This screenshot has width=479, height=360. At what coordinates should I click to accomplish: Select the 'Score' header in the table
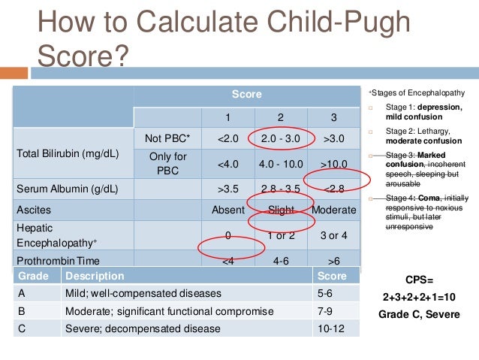click(x=246, y=95)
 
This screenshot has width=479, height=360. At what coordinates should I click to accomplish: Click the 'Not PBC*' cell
click(x=167, y=138)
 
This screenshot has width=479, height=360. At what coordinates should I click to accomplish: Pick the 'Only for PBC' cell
click(x=167, y=163)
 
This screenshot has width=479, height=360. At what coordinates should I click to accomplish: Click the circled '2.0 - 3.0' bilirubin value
click(x=280, y=138)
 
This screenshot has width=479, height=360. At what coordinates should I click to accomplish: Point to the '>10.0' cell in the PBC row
click(x=333, y=163)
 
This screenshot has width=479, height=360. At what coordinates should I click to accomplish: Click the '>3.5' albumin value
click(x=228, y=189)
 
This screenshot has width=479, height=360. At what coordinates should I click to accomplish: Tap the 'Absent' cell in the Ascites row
click(x=228, y=210)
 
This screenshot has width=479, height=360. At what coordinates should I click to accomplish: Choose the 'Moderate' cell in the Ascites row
click(x=333, y=210)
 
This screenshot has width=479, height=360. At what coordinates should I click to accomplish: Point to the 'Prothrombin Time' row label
click(x=56, y=260)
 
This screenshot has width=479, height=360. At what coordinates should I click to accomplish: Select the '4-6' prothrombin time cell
click(x=280, y=262)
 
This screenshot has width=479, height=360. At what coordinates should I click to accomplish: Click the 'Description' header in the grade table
click(x=95, y=276)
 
